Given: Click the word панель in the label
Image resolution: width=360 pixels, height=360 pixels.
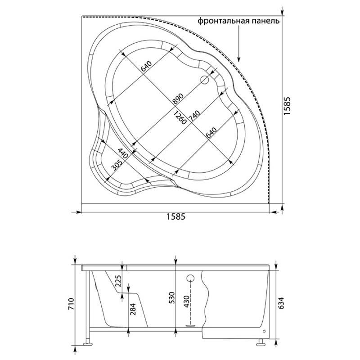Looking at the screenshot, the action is click(x=266, y=21).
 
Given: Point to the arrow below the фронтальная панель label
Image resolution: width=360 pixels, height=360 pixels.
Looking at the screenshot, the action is click(x=239, y=44).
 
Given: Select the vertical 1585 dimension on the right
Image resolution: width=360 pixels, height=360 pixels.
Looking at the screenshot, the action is click(x=287, y=106).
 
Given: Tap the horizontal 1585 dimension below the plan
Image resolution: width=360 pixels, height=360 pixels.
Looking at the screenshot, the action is click(x=175, y=216).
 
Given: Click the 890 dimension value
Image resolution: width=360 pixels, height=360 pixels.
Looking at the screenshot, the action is click(x=178, y=99).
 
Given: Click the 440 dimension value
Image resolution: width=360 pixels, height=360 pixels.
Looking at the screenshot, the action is click(x=123, y=153).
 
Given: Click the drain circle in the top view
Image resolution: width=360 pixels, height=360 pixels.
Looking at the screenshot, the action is click(x=204, y=80).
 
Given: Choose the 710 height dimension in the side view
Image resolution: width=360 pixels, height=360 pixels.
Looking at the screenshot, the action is click(x=72, y=304).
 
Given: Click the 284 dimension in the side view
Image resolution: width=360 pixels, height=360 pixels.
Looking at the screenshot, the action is click(x=133, y=309).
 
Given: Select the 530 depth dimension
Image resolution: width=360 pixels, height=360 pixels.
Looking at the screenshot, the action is click(x=172, y=297).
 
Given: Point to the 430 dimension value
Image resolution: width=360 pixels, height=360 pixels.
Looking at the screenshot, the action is click(x=186, y=301).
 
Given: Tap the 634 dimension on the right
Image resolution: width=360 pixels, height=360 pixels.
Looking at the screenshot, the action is click(x=281, y=303).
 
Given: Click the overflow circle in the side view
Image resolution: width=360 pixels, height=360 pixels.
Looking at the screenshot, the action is click(x=190, y=278).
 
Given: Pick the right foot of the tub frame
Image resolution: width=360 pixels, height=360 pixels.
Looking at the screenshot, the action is click(x=261, y=344).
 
